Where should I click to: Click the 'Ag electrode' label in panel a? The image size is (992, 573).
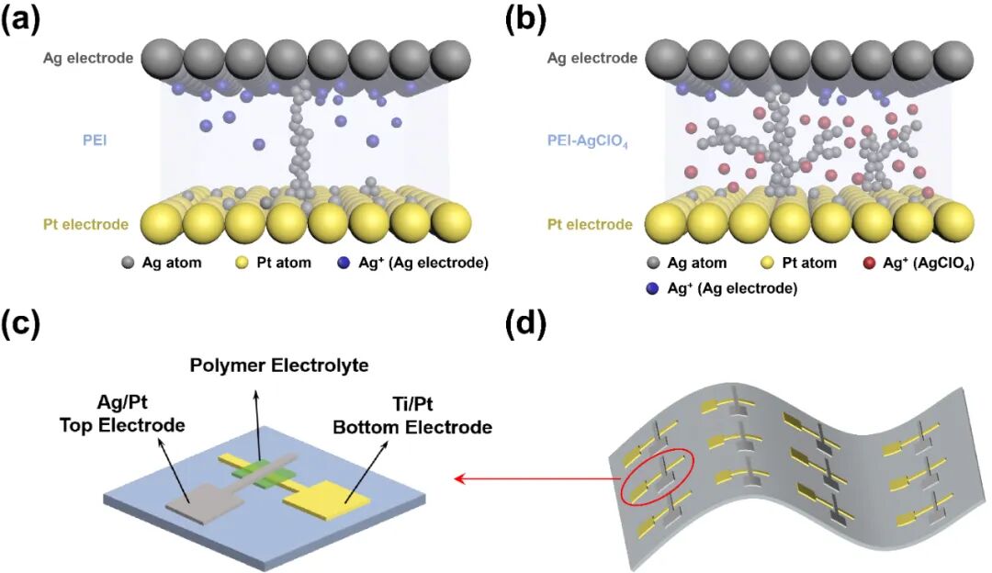tap(88, 59)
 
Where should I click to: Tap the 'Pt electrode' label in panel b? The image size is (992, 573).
tap(590, 224)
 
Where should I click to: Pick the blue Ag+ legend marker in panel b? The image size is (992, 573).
tap(651, 288)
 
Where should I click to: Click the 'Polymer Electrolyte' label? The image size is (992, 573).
tap(279, 365)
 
